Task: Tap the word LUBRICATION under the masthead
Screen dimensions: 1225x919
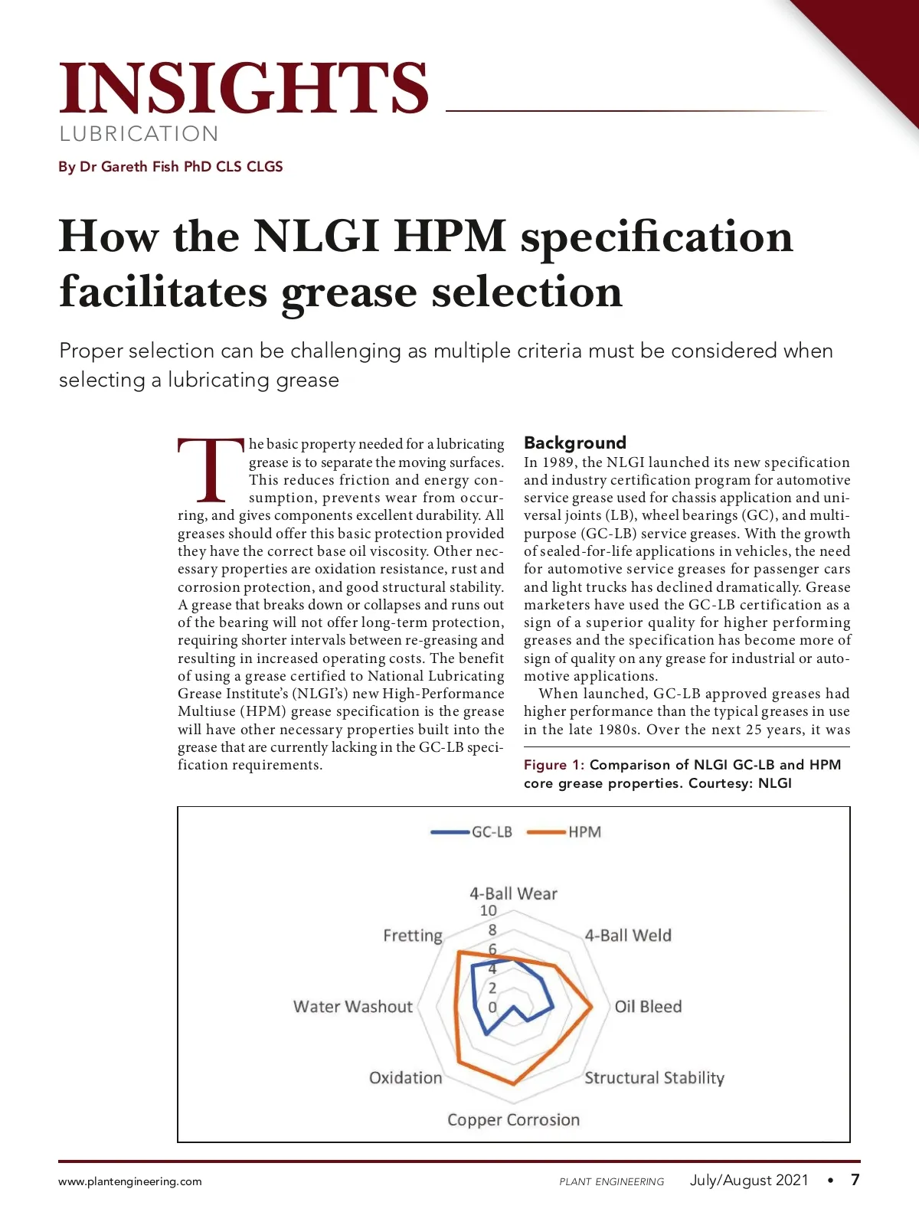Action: point(139,134)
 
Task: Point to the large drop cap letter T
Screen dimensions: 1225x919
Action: point(211,469)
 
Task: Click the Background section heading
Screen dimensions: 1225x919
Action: point(574,443)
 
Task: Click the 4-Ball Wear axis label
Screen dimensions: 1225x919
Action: point(513,893)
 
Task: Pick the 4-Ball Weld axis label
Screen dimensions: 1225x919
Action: point(628,936)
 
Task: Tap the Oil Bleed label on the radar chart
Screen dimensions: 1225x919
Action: point(648,1007)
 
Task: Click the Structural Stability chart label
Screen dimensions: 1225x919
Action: point(654,1078)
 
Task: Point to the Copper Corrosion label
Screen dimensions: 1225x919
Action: point(513,1120)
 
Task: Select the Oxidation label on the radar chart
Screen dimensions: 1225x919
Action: point(405,1078)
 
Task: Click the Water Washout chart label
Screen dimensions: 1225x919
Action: point(352,1007)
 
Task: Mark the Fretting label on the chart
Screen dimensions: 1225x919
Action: point(413,936)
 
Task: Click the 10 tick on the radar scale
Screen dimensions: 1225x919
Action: point(488,911)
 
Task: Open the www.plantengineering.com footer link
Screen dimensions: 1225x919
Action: point(130,1181)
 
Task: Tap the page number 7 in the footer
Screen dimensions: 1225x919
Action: point(855,1180)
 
